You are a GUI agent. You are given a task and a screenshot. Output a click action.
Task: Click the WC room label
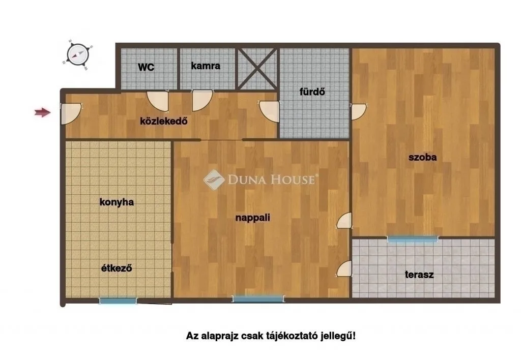146,67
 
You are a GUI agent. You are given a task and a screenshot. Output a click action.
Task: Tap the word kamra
206,66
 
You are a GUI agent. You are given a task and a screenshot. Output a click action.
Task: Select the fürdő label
312,93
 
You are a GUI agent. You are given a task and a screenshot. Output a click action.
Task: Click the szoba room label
422,158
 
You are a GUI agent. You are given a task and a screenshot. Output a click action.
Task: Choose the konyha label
116,202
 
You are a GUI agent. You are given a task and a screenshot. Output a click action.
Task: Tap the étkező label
115,268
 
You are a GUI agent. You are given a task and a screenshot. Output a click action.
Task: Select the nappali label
252,218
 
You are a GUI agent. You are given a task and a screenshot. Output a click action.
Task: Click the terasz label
419,275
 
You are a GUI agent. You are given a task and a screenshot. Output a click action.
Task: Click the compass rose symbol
78,54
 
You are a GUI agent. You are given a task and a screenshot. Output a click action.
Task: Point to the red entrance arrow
43,112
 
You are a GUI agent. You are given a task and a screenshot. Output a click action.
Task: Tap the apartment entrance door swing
69,114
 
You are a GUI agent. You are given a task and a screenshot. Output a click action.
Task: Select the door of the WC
157,100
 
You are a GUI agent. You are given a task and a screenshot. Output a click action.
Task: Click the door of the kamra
202,100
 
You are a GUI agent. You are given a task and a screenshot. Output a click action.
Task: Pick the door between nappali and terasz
344,268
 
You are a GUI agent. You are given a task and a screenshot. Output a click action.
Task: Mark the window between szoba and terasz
412,238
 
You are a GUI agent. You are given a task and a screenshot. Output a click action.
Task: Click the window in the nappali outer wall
258,299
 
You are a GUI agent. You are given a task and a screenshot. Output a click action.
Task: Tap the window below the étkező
118,301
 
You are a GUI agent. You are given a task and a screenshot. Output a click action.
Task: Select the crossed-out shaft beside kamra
258,68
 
